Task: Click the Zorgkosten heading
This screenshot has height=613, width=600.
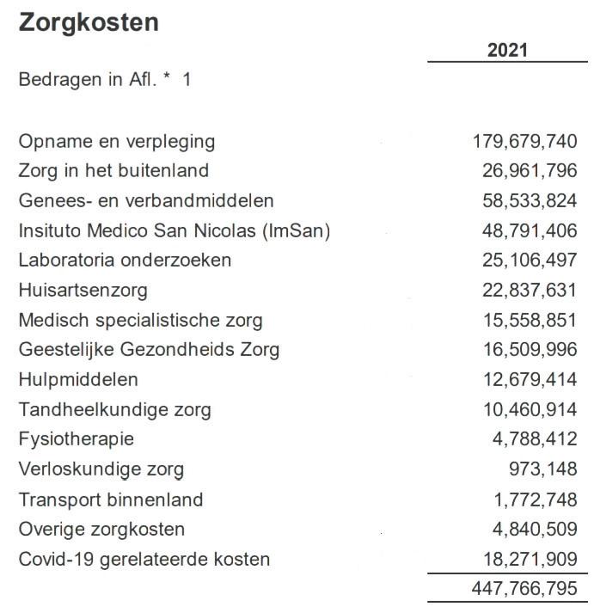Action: pyautogui.click(x=88, y=22)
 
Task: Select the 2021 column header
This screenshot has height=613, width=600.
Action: pyautogui.click(x=507, y=51)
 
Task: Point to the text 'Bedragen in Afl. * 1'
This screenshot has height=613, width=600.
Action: pyautogui.click(x=105, y=79)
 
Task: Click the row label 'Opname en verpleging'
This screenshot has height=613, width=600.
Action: pyautogui.click(x=117, y=141)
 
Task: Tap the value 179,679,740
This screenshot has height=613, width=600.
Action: pyautogui.click(x=524, y=141)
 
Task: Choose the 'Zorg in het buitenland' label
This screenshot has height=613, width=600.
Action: pyautogui.click(x=113, y=171)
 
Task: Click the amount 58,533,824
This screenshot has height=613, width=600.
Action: pyautogui.click(x=530, y=201)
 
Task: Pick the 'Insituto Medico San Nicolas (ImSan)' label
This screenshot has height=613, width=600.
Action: pyautogui.click(x=174, y=230)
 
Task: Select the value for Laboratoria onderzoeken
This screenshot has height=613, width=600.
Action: pyautogui.click(x=530, y=261)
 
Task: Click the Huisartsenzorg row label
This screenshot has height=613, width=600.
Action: pyautogui.click(x=83, y=291)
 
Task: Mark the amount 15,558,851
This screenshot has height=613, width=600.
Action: pyautogui.click(x=530, y=321)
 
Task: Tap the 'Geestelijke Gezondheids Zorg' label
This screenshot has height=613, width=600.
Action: pyautogui.click(x=149, y=350)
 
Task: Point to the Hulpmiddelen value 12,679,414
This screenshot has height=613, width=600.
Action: pyautogui.click(x=530, y=380)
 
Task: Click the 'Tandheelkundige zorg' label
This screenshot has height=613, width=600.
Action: pyautogui.click(x=114, y=410)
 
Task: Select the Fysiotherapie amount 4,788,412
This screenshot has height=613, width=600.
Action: pyautogui.click(x=535, y=439)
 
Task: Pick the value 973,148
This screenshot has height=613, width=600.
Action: pyautogui.click(x=543, y=469)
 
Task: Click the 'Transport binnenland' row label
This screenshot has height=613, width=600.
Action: pyautogui.click(x=111, y=500)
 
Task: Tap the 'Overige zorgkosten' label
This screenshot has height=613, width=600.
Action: pyautogui.click(x=101, y=530)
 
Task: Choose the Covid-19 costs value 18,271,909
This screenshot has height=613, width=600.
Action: pyautogui.click(x=530, y=560)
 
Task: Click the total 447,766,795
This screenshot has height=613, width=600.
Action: pyautogui.click(x=524, y=590)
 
